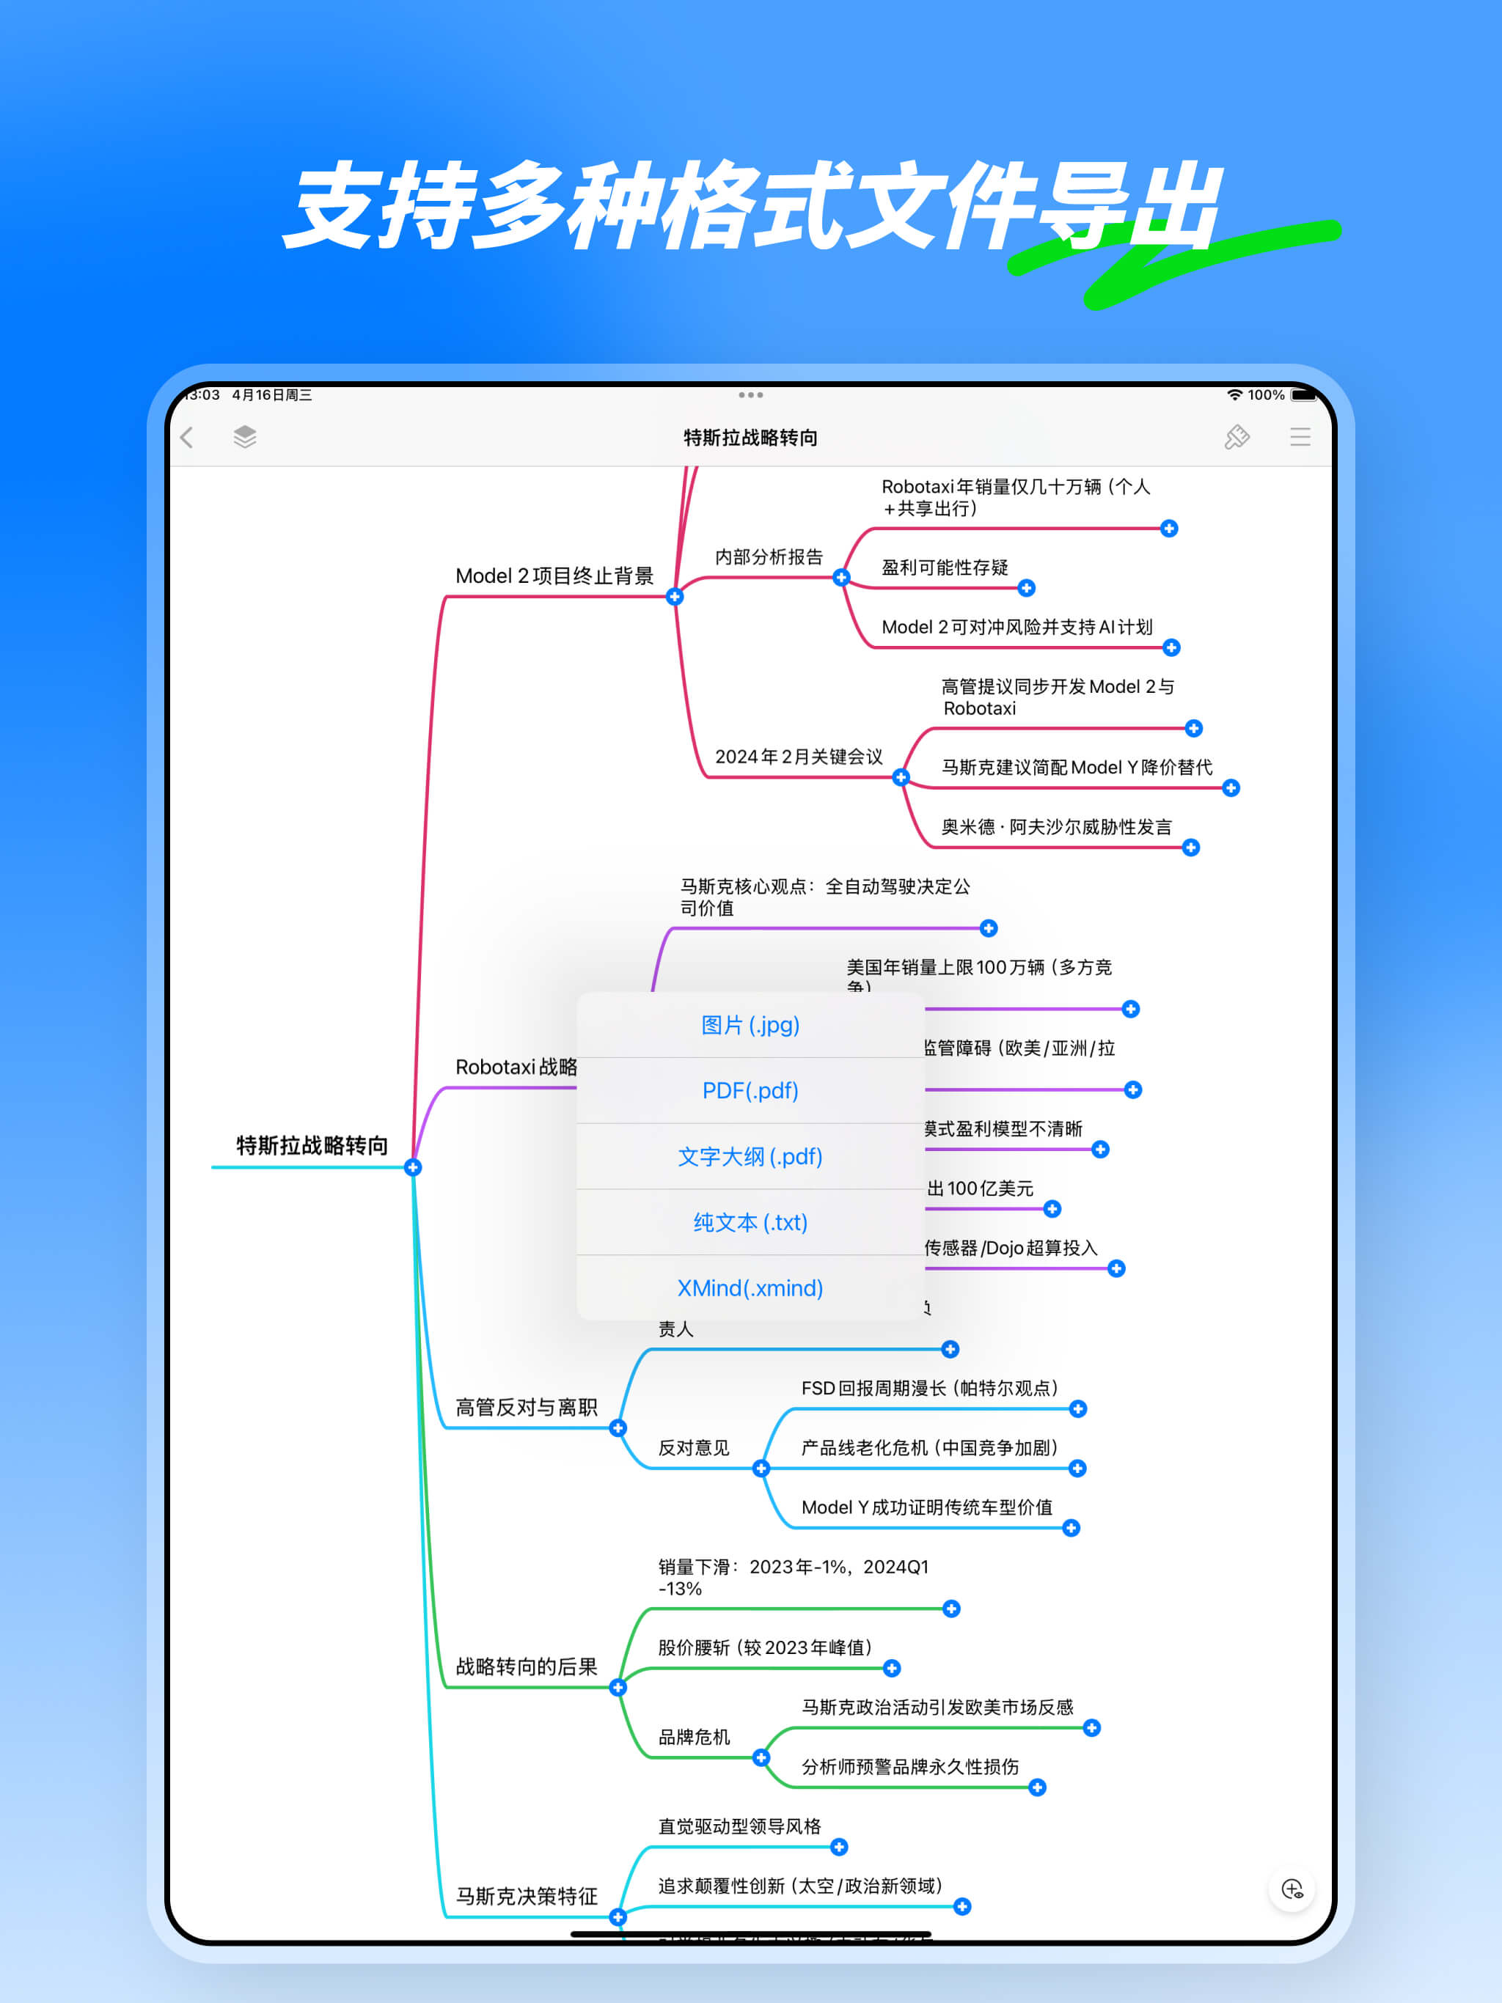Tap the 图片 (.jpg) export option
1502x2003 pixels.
pyautogui.click(x=750, y=1025)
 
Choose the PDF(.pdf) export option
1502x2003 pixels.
pyautogui.click(x=750, y=1091)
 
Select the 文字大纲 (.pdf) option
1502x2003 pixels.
pyautogui.click(x=750, y=1157)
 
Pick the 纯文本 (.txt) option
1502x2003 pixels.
pyautogui.click(x=750, y=1222)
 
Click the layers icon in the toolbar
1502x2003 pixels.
pyautogui.click(x=245, y=438)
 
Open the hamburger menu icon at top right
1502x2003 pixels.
pyautogui.click(x=1300, y=438)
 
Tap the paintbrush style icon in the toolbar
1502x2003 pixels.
pyautogui.click(x=1237, y=438)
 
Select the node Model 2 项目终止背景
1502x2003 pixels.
pyautogui.click(x=554, y=577)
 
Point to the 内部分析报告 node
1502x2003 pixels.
pyautogui.click(x=768, y=558)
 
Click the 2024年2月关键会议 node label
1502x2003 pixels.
pyautogui.click(x=798, y=757)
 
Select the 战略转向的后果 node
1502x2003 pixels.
pyautogui.click(x=527, y=1667)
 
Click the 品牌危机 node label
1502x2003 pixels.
pyautogui.click(x=694, y=1737)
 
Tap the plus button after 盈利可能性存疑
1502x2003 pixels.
pyautogui.click(x=1027, y=589)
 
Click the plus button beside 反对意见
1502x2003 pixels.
pyautogui.click(x=761, y=1469)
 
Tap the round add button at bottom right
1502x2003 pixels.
pyautogui.click(x=1292, y=1889)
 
